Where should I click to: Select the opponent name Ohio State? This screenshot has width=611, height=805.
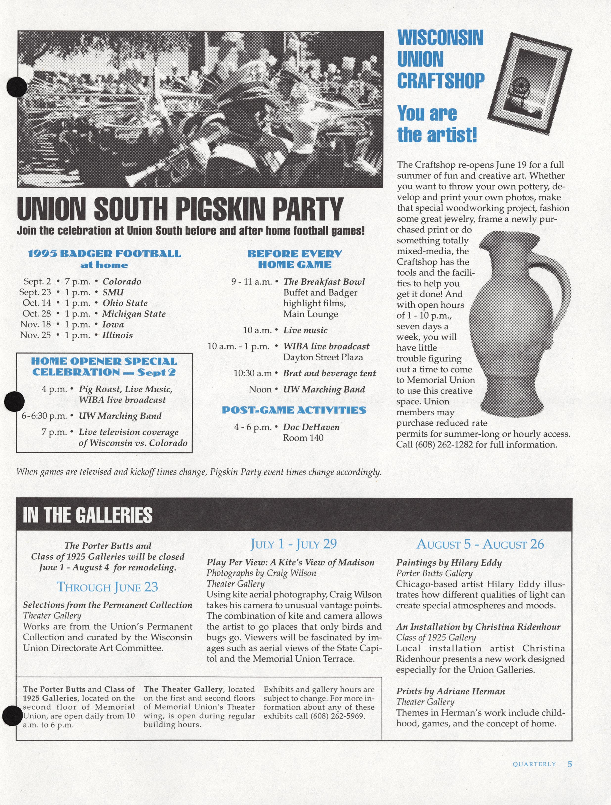125,303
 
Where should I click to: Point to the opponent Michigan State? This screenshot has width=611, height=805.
134,314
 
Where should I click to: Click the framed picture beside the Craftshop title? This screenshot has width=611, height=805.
530,84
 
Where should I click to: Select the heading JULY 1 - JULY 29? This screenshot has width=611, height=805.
293,544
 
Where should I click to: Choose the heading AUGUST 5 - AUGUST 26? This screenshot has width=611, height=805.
480,544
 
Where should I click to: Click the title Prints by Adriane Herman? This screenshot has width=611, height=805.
450,691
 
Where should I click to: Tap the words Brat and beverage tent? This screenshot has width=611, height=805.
329,373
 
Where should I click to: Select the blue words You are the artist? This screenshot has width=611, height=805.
436,124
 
